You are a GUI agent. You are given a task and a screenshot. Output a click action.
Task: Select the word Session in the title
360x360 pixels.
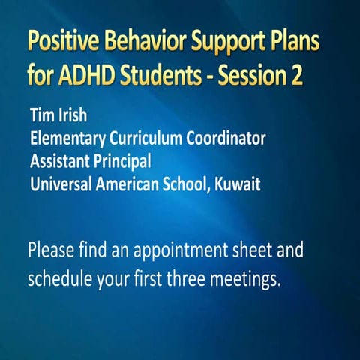265,76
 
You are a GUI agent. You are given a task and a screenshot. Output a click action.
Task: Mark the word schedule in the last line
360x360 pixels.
56,278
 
